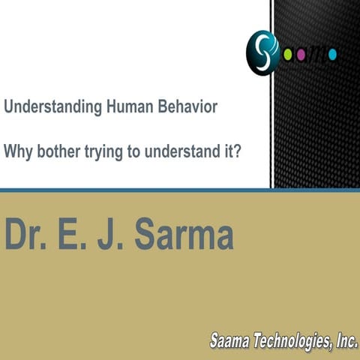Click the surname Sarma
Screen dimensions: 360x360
point(184,235)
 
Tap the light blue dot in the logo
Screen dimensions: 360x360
point(331,53)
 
